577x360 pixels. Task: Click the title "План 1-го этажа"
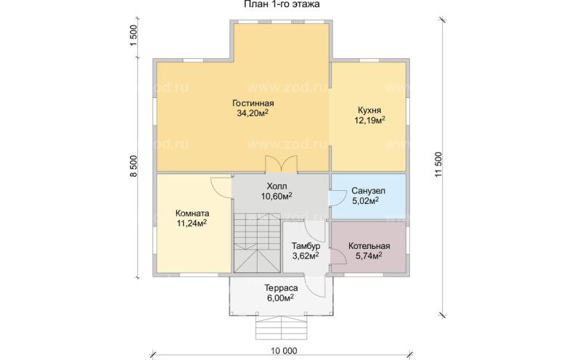click(282, 4)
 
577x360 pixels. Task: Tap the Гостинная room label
click(253, 103)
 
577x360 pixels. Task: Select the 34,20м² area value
click(253, 113)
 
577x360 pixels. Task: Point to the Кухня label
click(369, 110)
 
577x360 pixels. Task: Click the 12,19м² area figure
click(369, 120)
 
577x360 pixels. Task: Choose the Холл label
click(277, 186)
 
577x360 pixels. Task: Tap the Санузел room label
click(368, 191)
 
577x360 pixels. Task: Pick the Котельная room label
click(369, 246)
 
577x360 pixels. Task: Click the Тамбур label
click(306, 246)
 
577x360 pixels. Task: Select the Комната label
click(192, 213)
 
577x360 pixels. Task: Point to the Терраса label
click(281, 288)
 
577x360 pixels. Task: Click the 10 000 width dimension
click(283, 351)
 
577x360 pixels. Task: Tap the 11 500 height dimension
click(438, 165)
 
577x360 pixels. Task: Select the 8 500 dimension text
click(134, 166)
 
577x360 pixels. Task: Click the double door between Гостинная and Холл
click(282, 164)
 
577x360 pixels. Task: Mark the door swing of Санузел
click(336, 196)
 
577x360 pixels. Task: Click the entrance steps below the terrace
click(282, 328)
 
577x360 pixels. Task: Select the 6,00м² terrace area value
click(280, 298)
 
